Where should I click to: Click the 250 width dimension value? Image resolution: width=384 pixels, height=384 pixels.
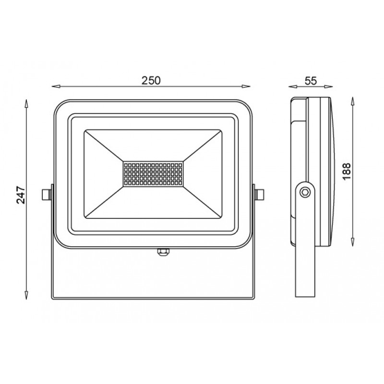(x=151, y=80)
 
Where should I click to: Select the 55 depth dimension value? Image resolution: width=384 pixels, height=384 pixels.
(x=311, y=81)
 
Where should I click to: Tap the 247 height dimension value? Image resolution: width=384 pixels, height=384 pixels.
(x=21, y=195)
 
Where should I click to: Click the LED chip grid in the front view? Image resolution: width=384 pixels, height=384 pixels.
(x=153, y=174)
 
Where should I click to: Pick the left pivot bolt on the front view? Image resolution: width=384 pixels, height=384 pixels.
(x=47, y=194)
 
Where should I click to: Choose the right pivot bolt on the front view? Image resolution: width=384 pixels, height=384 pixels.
(x=259, y=194)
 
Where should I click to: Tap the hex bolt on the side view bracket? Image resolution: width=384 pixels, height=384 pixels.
(x=305, y=192)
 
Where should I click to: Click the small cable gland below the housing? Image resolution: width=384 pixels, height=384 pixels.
(x=163, y=252)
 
